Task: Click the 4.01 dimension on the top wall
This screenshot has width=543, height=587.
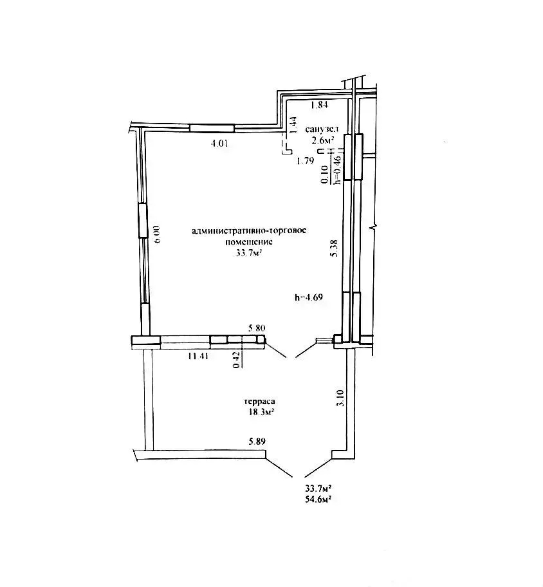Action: (219, 143)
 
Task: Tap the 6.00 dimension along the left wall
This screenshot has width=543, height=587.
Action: (157, 234)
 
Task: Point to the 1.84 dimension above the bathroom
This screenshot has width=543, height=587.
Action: (319, 105)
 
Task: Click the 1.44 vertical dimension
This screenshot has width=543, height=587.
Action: (294, 126)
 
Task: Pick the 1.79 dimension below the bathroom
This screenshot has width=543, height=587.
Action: (305, 162)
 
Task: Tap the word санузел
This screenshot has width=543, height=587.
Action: (322, 129)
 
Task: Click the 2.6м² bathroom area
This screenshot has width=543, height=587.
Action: (320, 140)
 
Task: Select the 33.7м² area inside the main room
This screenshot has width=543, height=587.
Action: (248, 253)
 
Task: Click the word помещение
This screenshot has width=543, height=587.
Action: (249, 242)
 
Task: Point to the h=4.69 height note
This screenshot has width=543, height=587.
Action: (309, 297)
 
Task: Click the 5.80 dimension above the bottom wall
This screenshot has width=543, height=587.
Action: (257, 328)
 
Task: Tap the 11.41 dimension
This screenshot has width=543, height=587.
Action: (198, 356)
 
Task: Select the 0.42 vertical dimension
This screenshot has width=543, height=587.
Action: (237, 360)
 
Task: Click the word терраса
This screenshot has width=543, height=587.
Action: (260, 402)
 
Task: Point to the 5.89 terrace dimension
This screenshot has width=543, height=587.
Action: (257, 442)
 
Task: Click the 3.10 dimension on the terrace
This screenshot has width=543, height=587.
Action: (340, 398)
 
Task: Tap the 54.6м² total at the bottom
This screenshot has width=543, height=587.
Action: (318, 499)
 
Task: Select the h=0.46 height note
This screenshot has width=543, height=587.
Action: (338, 170)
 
